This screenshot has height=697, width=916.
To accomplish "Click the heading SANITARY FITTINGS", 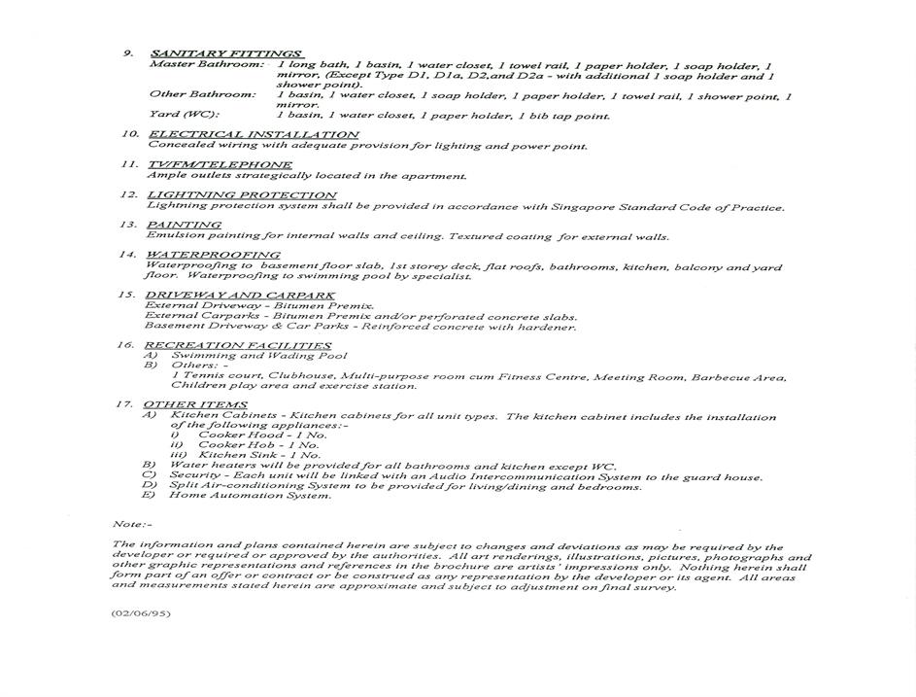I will click(x=227, y=52).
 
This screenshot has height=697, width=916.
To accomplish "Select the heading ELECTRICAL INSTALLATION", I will click(x=253, y=134).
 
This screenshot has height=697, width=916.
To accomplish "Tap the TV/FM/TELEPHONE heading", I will click(x=219, y=164).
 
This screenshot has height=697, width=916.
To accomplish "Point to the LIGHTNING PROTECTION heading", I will click(x=241, y=194).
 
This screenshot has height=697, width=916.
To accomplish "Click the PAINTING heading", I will click(x=184, y=225).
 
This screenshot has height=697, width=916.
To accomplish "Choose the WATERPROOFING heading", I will click(x=213, y=255).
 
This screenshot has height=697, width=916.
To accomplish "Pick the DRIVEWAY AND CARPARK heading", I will click(x=240, y=295).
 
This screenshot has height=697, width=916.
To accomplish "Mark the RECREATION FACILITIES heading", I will click(x=237, y=345).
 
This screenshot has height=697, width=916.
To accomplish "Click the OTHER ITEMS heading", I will click(x=194, y=404).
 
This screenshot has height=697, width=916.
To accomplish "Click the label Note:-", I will click(x=132, y=524).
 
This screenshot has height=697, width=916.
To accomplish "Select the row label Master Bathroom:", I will click(x=206, y=64).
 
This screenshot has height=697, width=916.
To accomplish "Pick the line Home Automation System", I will click(x=250, y=495).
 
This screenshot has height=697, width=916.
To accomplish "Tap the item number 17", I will click(x=123, y=404).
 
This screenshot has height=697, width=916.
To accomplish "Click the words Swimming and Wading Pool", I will click(x=258, y=356).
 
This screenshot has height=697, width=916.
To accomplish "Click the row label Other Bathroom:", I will click(x=202, y=94).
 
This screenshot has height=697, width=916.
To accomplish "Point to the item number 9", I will click(x=127, y=52).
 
